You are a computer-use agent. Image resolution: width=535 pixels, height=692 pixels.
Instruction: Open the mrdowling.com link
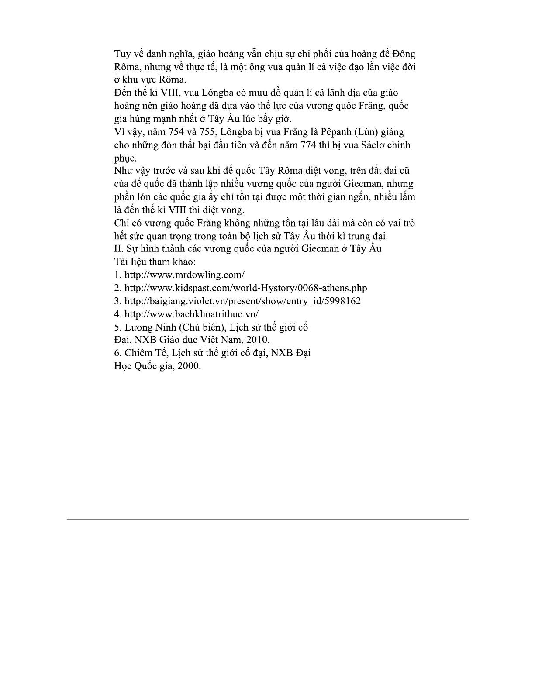(x=184, y=275)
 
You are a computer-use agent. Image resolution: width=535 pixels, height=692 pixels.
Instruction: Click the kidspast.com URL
(x=245, y=288)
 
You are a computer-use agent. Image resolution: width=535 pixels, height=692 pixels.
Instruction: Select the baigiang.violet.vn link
(x=242, y=301)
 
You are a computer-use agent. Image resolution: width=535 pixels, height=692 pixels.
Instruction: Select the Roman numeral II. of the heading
(x=118, y=249)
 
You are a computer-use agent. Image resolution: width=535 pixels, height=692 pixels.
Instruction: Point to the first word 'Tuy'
(x=122, y=54)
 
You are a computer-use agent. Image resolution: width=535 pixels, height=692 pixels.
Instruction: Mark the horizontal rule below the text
(x=267, y=519)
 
